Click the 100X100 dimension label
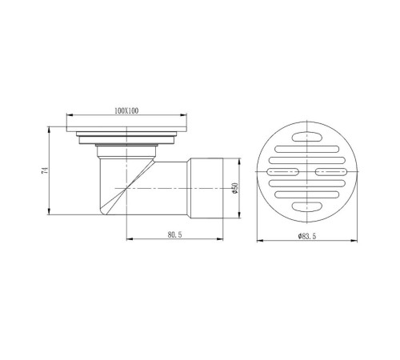coord(126,110)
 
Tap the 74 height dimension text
coord(45,170)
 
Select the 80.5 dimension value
coord(174,234)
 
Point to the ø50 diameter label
coord(235,188)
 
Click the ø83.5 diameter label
coord(307,236)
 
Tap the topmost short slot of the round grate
coord(307,137)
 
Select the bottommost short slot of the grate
coord(307,206)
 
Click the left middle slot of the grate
coord(282,172)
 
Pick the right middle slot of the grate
coord(332,172)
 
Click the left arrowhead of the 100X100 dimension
coord(70,115)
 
